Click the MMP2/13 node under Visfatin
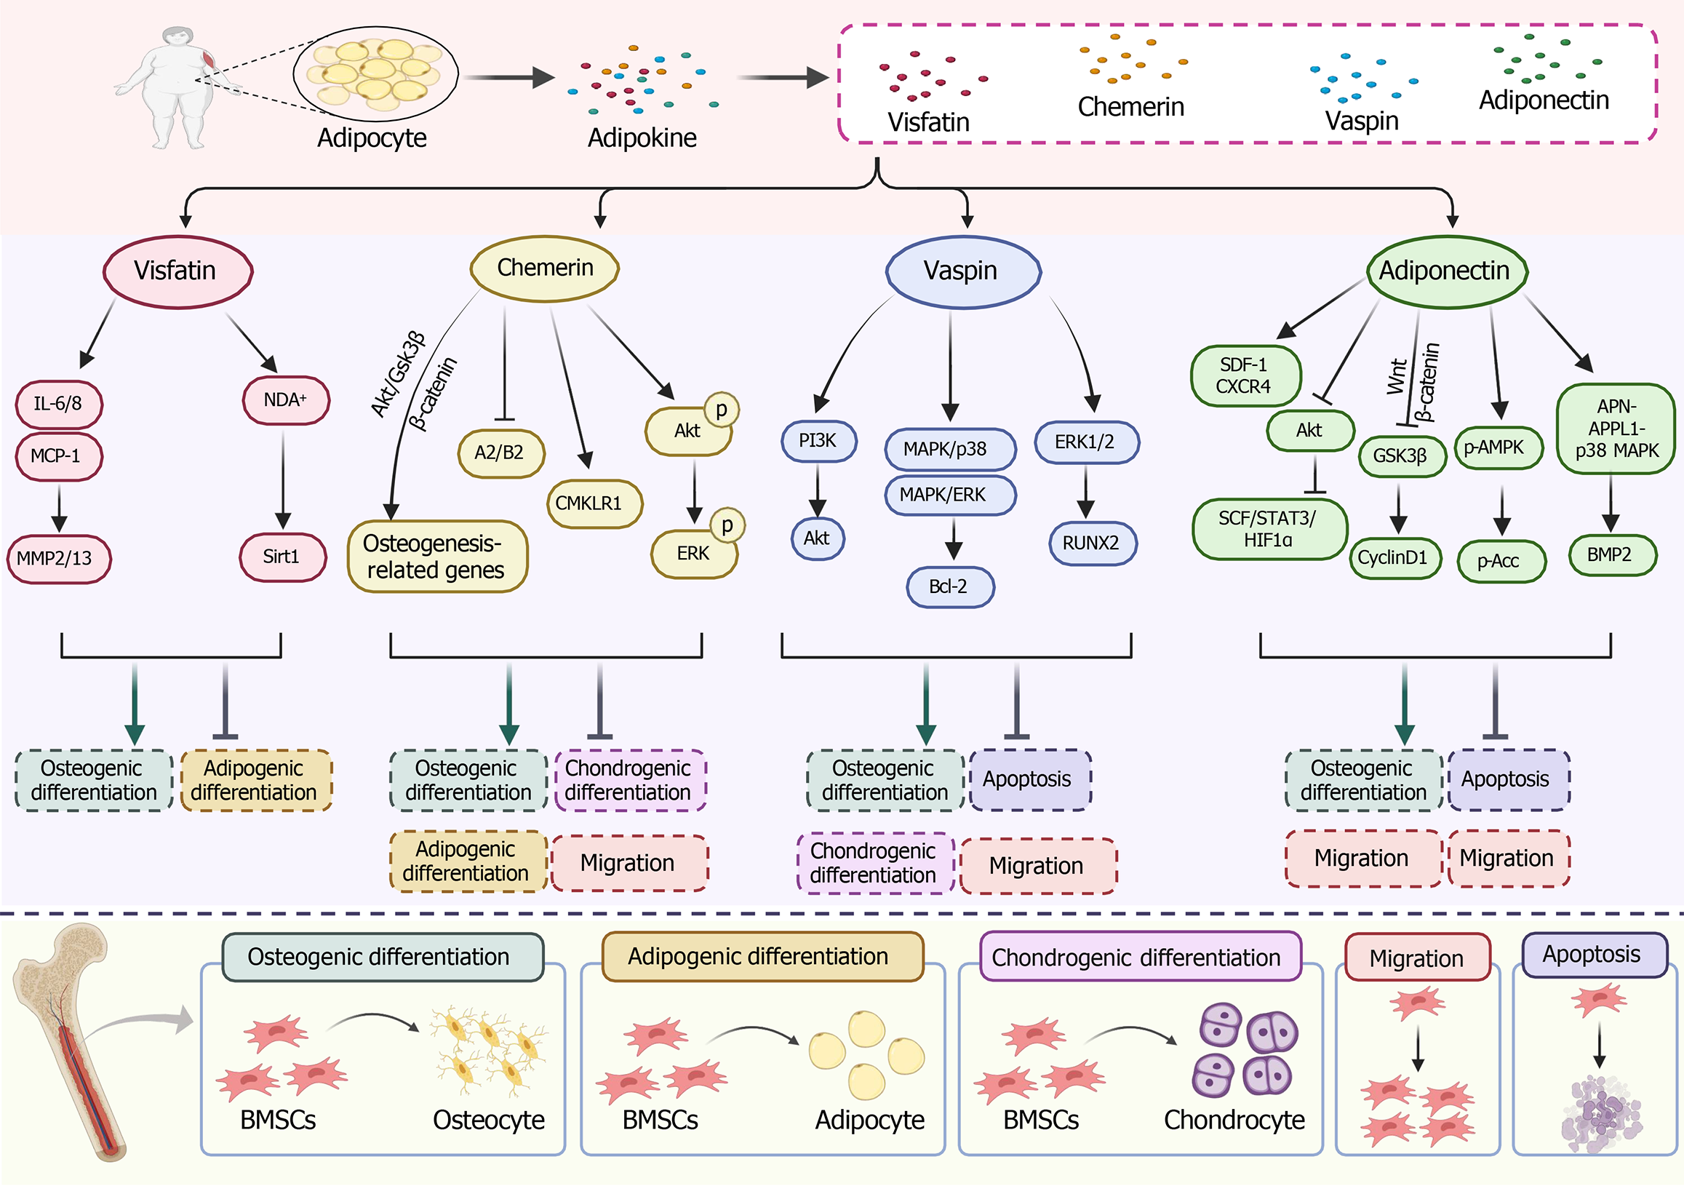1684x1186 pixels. point(58,558)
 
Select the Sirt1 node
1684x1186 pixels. point(282,557)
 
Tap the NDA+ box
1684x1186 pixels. point(286,400)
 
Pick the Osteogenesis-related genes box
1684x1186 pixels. point(437,557)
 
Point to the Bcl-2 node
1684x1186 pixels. point(950,586)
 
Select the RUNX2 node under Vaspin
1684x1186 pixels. point(1092,543)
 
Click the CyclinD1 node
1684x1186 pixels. point(1394,558)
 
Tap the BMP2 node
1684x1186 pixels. point(1611,555)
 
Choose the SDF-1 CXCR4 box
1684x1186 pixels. point(1245,375)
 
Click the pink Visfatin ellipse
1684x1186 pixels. point(177,271)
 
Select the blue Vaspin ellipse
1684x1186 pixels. point(962,271)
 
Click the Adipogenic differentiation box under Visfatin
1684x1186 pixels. point(255,781)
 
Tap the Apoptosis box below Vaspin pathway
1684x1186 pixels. point(1029,780)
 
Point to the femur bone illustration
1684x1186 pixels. point(70,1041)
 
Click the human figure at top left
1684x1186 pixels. point(176,88)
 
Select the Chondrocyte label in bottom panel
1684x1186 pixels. point(1234,1120)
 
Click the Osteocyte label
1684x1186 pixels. point(489,1120)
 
